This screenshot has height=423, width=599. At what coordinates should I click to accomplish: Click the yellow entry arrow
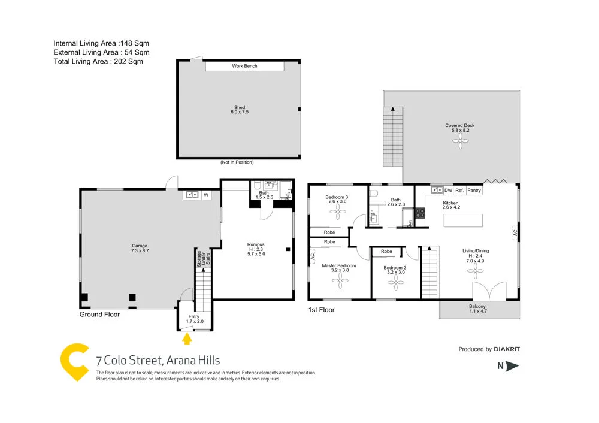pyautogui.click(x=187, y=339)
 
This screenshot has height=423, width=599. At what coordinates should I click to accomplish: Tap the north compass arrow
pyautogui.click(x=512, y=367)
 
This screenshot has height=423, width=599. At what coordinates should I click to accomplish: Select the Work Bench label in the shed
pyautogui.click(x=244, y=66)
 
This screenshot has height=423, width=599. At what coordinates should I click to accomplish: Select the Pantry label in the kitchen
pyautogui.click(x=474, y=191)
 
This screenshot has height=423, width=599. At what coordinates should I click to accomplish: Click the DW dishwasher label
pyautogui.click(x=448, y=191)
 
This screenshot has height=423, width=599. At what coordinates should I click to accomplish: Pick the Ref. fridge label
pyautogui.click(x=459, y=191)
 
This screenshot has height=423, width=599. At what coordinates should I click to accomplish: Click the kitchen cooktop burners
pyautogui.click(x=420, y=214)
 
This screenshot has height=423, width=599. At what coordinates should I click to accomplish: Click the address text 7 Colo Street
pyautogui.click(x=158, y=361)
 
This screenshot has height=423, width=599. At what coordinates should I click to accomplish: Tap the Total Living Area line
pyautogui.click(x=98, y=61)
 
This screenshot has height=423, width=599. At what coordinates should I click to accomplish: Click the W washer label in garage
pyautogui.click(x=205, y=194)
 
